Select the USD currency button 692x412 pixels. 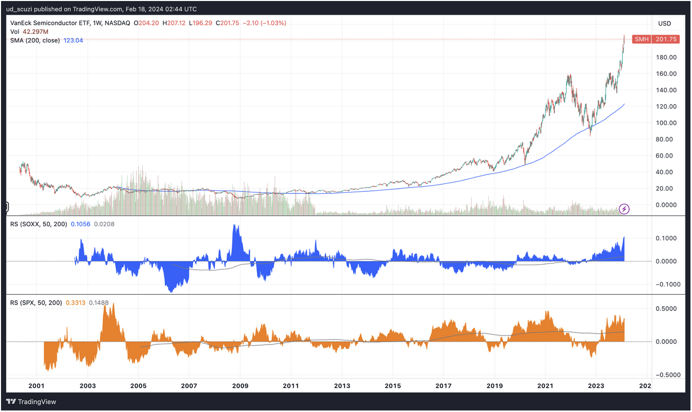(664, 23)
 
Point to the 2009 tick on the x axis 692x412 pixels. (240, 386)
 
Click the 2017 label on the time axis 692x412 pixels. (444, 386)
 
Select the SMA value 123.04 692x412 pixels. (73, 40)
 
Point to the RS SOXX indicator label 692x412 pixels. (38, 224)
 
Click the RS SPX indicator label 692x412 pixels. (36, 303)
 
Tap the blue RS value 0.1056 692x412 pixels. (80, 224)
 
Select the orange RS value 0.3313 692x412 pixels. (76, 303)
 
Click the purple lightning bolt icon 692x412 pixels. (624, 209)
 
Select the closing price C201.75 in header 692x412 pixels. (227, 23)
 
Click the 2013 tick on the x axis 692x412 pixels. (342, 386)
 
